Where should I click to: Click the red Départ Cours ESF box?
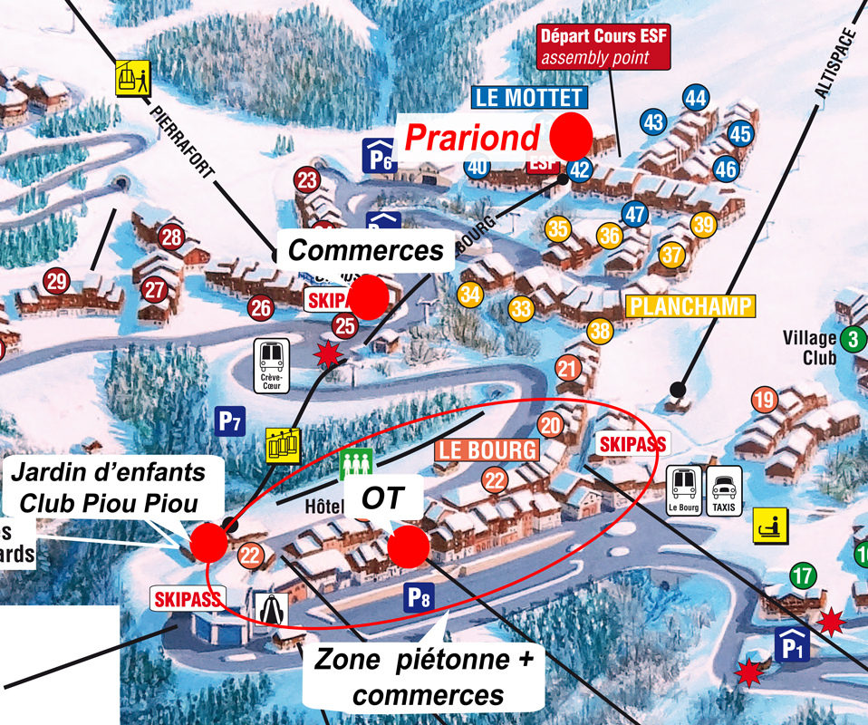(603, 48)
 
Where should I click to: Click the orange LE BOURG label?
(487, 449)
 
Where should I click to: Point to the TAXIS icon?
(723, 490)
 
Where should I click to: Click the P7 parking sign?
(230, 420)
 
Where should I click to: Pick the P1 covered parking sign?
(790, 644)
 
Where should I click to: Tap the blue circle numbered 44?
(696, 98)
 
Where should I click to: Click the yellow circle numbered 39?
(703, 225)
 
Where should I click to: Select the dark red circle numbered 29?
(57, 281)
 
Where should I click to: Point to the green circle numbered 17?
(803, 575)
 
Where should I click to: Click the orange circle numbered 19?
(765, 399)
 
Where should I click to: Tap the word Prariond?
(471, 138)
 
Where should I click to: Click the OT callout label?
(381, 497)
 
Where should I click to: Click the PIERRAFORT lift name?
(182, 140)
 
